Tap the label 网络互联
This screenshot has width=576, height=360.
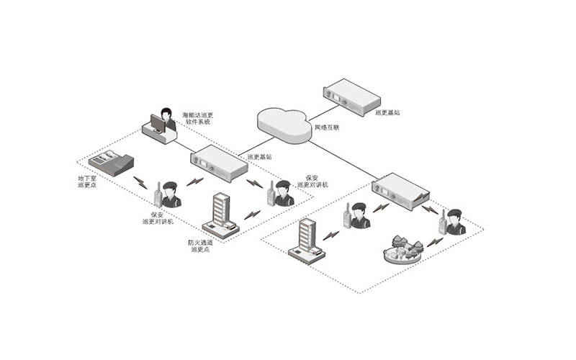pos(327,127)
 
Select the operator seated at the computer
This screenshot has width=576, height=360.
pos(167,119)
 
